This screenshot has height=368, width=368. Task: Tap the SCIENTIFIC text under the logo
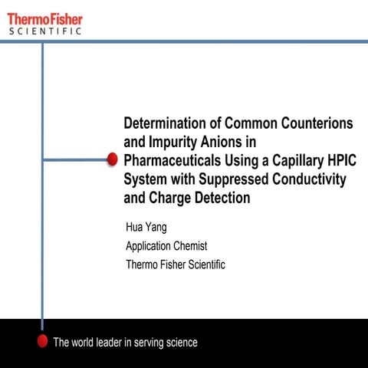tap(46, 31)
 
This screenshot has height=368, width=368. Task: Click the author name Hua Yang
tap(146, 228)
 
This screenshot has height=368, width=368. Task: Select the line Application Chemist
tap(166, 246)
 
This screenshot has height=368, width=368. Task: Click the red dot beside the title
tap(112, 159)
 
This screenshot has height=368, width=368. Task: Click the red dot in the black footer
tap(42, 343)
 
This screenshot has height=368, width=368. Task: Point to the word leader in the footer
tap(107, 343)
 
